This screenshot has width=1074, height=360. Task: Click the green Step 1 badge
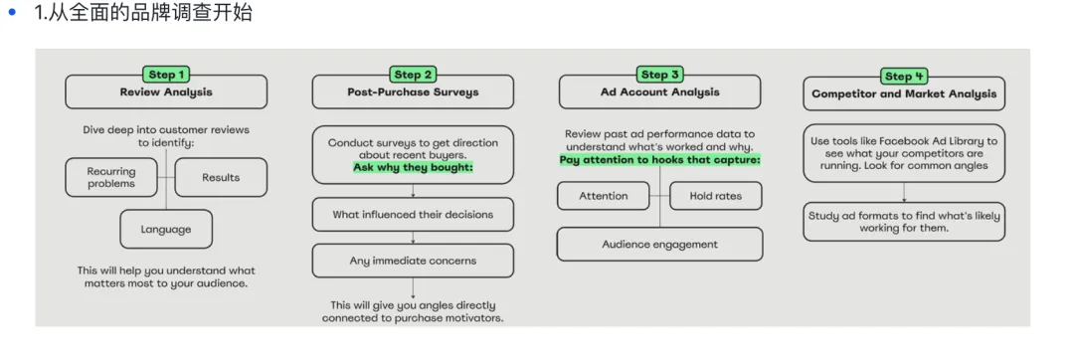pyautogui.click(x=166, y=75)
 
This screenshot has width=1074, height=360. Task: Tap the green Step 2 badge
pyautogui.click(x=413, y=75)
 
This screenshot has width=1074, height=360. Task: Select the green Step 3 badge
pyautogui.click(x=659, y=75)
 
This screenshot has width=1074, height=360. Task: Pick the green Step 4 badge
pyautogui.click(x=903, y=76)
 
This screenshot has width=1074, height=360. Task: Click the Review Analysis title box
pyautogui.click(x=166, y=91)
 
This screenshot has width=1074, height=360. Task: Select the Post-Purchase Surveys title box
pyautogui.click(x=413, y=91)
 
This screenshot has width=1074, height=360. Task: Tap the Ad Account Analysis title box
pyautogui.click(x=659, y=91)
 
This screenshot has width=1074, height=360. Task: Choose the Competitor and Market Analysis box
pyautogui.click(x=904, y=93)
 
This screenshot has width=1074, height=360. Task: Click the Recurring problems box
pyautogui.click(x=111, y=177)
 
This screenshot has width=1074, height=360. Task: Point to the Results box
pyautogui.click(x=221, y=177)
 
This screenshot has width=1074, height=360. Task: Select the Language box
pyautogui.click(x=166, y=230)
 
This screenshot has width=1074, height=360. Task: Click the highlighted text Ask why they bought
pyautogui.click(x=413, y=167)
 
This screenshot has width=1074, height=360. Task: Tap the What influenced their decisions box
pyautogui.click(x=413, y=214)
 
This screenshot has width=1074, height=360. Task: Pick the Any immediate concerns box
pyautogui.click(x=413, y=261)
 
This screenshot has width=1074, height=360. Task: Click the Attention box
pyautogui.click(x=604, y=196)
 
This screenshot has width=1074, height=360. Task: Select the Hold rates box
pyautogui.click(x=716, y=196)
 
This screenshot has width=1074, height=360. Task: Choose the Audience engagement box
pyautogui.click(x=659, y=245)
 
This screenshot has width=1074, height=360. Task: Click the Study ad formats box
pyautogui.click(x=904, y=222)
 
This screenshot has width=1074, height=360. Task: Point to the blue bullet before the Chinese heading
pyautogui.click(x=11, y=12)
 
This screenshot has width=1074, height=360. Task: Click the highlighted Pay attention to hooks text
pyautogui.click(x=660, y=160)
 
